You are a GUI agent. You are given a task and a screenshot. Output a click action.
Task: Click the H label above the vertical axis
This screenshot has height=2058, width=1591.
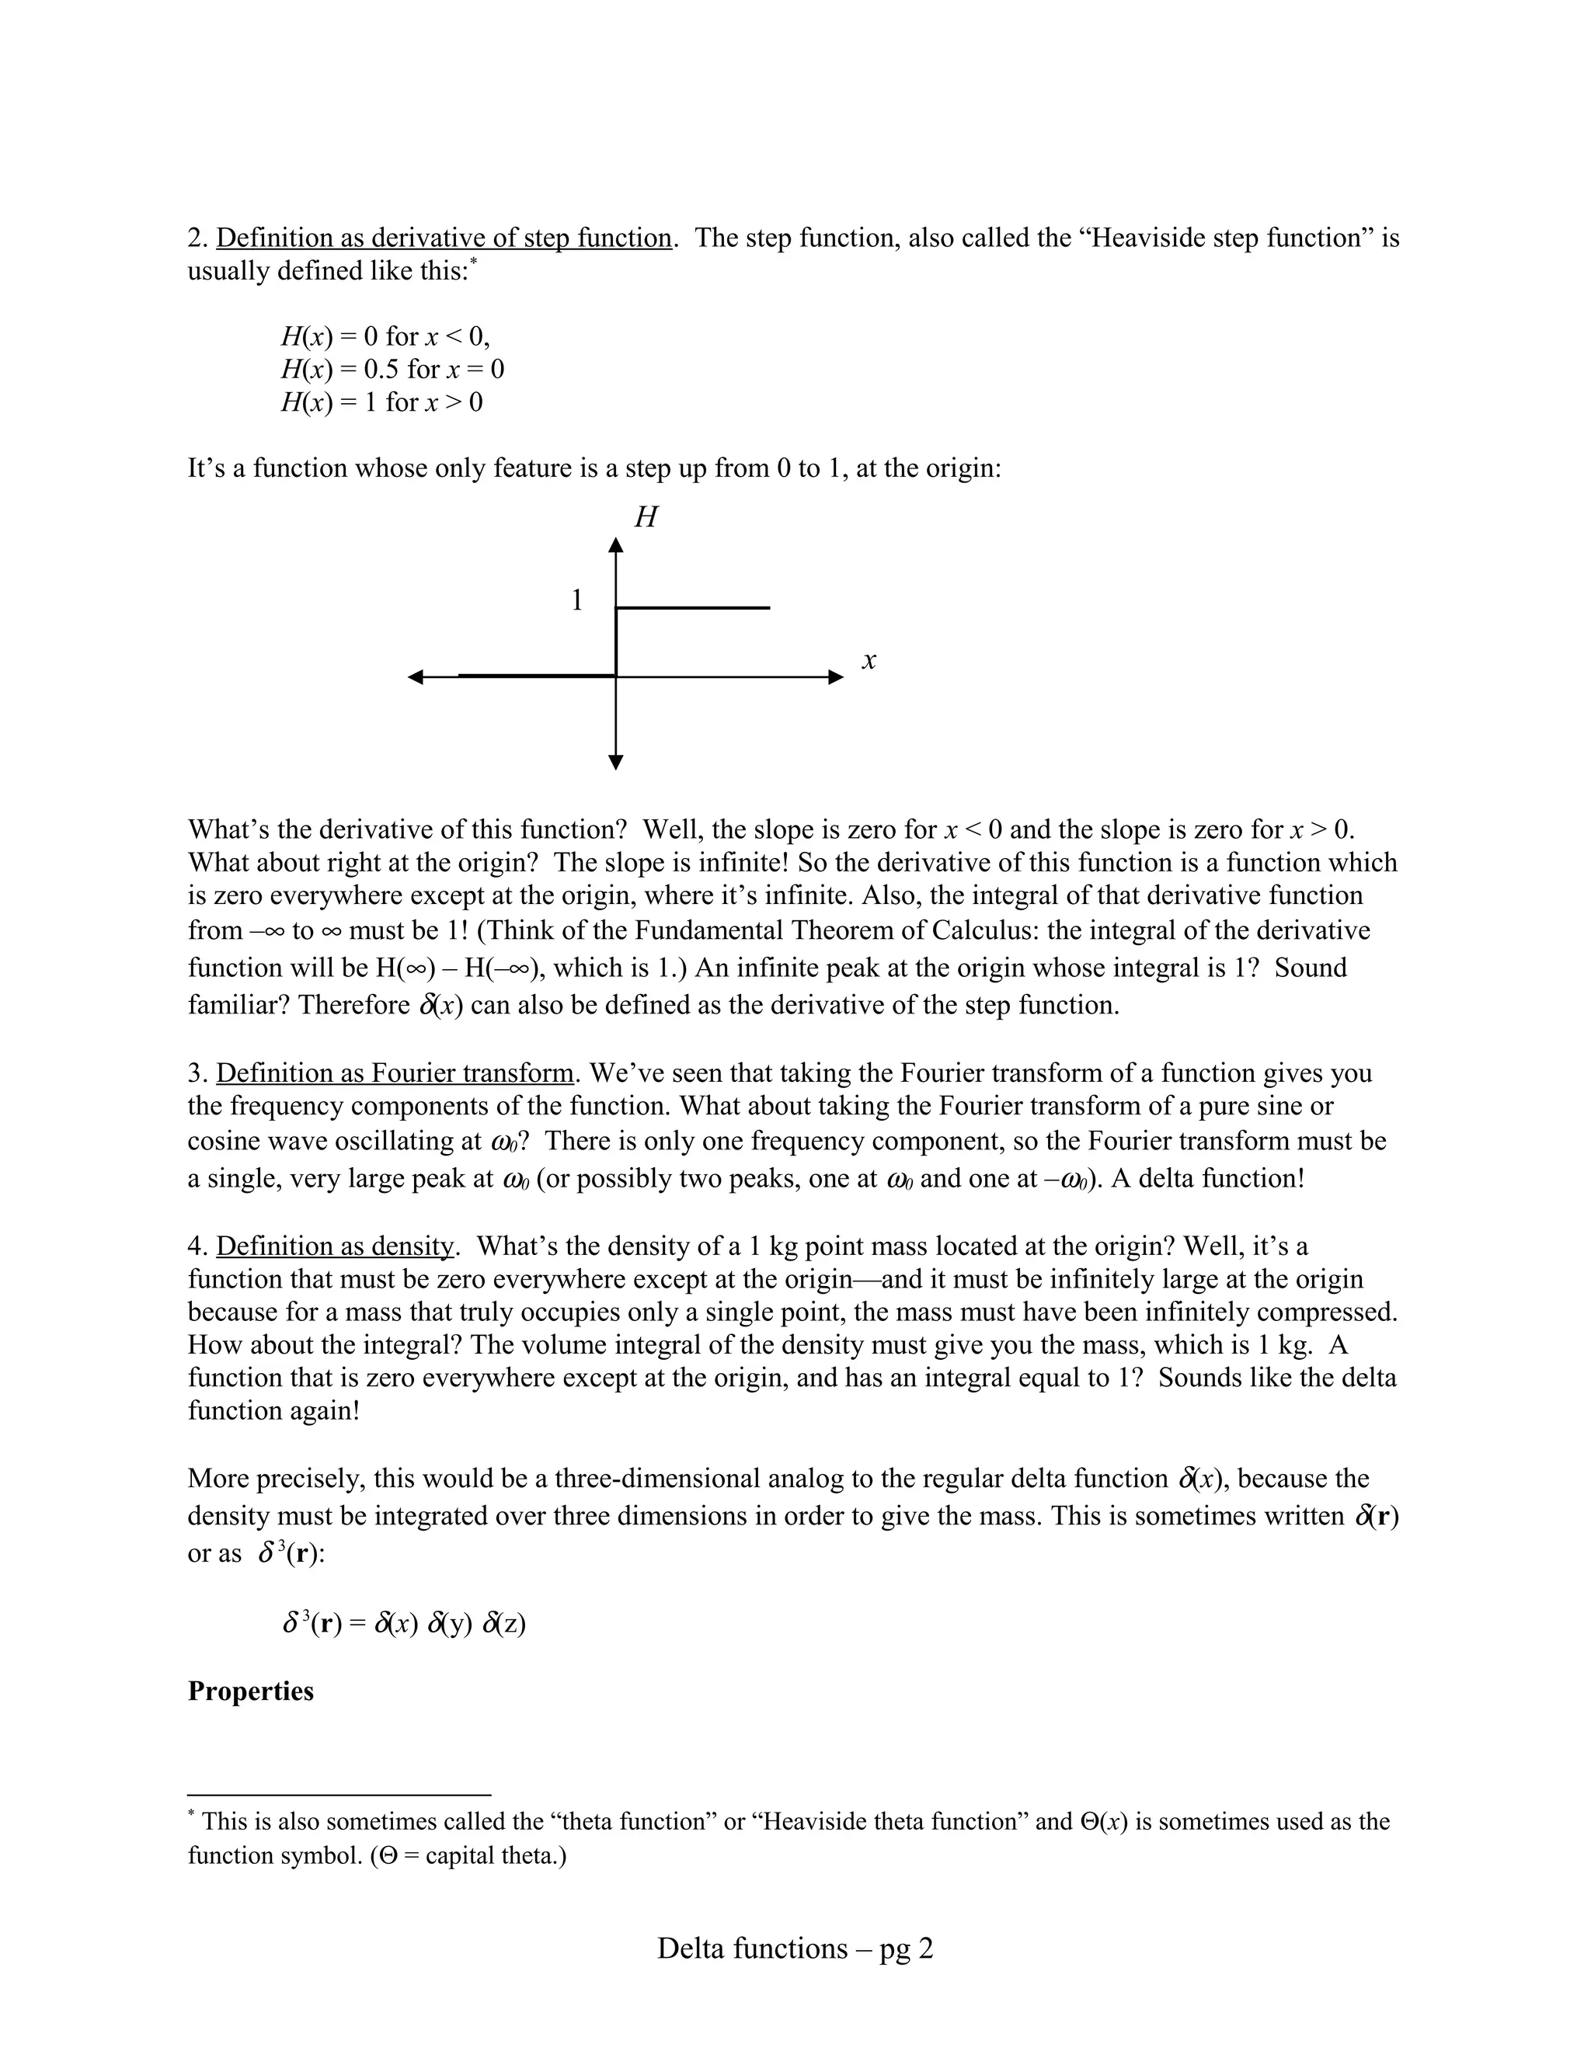646,517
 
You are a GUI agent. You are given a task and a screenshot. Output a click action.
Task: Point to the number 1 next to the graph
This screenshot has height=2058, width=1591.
577,600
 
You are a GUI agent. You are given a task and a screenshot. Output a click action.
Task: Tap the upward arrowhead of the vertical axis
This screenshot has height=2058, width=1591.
615,544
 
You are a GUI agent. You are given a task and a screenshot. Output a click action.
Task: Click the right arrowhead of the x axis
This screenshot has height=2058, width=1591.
836,676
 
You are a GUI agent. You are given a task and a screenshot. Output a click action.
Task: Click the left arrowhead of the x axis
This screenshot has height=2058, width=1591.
415,676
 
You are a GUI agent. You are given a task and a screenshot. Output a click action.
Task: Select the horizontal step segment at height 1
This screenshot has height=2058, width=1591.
693,608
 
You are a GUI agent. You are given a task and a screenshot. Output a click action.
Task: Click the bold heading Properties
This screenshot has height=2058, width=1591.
251,1691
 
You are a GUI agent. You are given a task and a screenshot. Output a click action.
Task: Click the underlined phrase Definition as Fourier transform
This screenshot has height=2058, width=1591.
395,1073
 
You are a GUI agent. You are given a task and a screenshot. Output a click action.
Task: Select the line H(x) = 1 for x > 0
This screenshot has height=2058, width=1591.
381,402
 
